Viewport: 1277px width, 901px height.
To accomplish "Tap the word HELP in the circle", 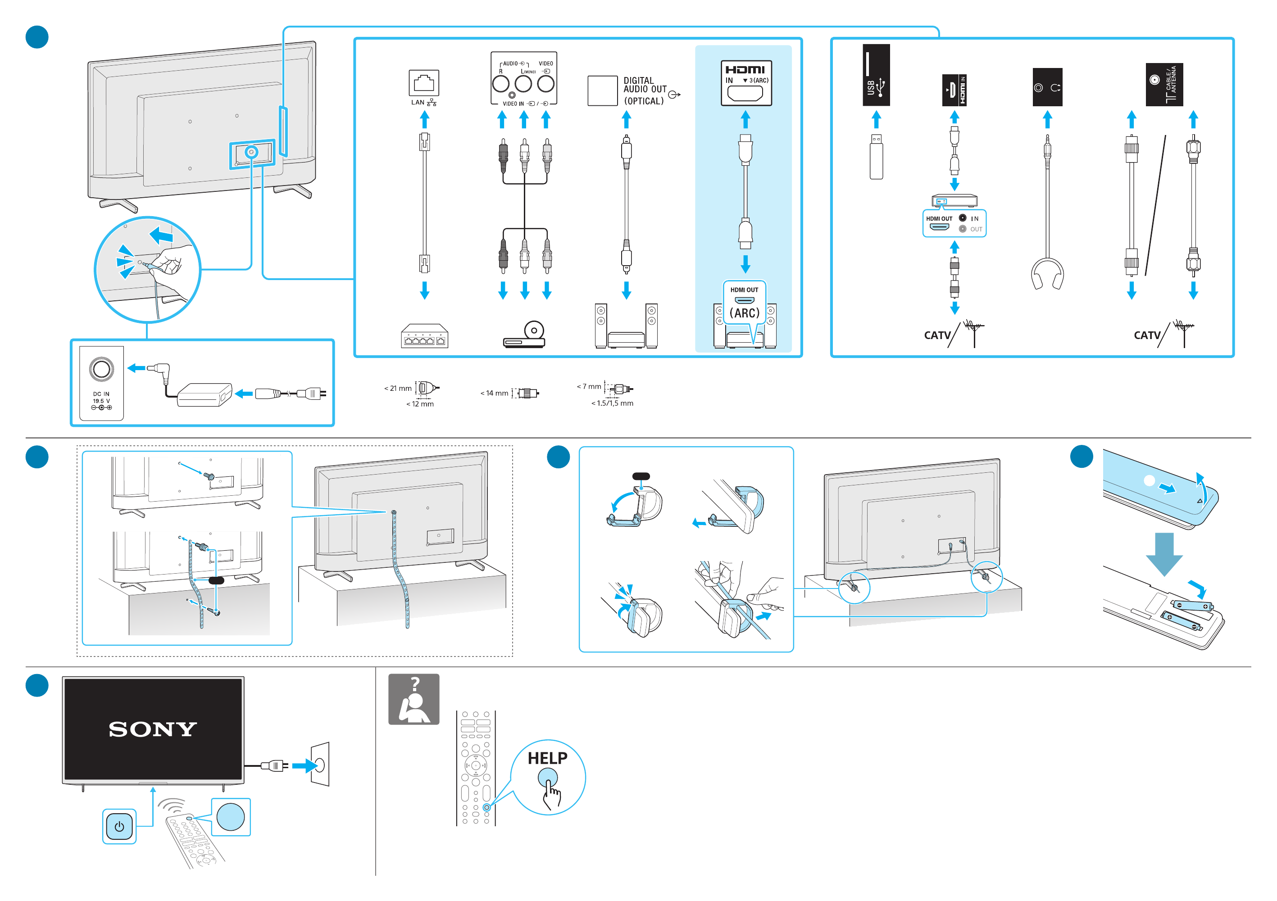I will point(547,758).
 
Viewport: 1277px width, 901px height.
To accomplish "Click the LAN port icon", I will point(424,83).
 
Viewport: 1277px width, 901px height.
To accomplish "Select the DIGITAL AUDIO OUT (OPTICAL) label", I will point(644,91).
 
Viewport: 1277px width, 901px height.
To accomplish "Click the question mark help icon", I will point(414,699).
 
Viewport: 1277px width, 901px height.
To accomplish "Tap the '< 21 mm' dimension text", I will point(398,388).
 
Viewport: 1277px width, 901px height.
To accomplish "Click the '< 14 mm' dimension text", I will point(494,393).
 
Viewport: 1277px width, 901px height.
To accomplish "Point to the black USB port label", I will point(876,75).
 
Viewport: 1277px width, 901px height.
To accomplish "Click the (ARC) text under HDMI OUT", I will point(744,313).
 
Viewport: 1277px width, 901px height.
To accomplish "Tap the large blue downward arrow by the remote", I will point(1163,553).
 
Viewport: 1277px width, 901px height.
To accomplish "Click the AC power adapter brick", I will point(204,394).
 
